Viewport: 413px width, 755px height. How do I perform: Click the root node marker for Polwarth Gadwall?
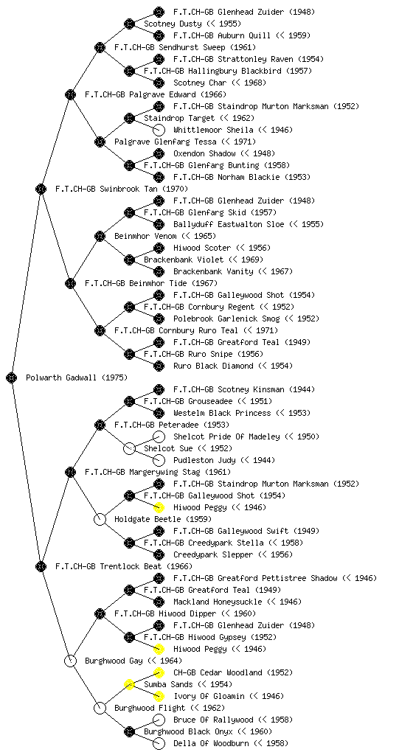pos(12,377)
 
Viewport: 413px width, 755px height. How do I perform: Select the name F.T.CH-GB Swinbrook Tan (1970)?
pos(122,189)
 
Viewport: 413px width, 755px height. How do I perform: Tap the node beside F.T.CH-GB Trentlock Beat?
pos(41,566)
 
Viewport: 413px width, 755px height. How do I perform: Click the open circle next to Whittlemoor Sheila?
pos(159,130)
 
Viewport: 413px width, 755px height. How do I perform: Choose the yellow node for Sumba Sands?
pos(129,684)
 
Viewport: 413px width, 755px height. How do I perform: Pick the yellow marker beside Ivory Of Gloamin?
pos(159,696)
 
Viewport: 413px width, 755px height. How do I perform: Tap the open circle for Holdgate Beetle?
pos(100,519)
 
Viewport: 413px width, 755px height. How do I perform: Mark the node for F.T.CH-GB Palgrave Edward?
pos(70,94)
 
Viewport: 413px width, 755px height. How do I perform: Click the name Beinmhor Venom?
pos(145,236)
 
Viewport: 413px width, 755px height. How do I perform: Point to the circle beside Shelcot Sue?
pos(129,448)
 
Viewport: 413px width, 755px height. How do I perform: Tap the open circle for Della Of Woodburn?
pos(159,743)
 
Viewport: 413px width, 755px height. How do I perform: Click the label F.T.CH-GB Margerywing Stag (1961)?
pos(158,472)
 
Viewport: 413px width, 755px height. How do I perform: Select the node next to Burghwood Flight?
pos(100,708)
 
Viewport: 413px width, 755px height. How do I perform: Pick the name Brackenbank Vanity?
pos(213,271)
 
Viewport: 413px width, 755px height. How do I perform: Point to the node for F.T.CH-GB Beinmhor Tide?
pos(70,283)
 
